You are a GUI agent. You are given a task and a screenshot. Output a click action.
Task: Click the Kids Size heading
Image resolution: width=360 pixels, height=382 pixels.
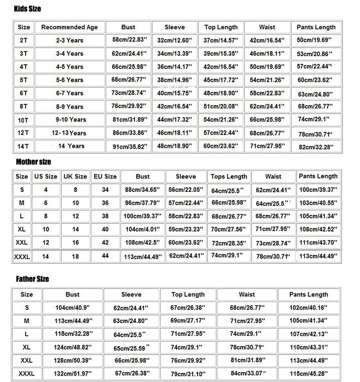click(27, 9)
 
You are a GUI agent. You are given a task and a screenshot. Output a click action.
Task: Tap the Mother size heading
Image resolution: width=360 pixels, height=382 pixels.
click(33, 162)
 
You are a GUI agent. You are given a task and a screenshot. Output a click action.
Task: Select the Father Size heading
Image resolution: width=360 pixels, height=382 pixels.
click(32, 279)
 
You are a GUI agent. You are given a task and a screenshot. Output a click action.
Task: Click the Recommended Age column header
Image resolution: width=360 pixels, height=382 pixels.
click(69, 27)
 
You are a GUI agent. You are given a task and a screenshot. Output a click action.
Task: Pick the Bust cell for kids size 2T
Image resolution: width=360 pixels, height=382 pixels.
click(127, 40)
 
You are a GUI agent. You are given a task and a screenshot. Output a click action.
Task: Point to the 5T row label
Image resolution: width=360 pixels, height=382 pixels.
click(23, 80)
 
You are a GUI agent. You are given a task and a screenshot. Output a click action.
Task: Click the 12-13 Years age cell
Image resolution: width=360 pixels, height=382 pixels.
click(69, 133)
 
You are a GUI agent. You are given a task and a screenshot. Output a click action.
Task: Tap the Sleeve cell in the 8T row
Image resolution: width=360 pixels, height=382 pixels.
click(174, 107)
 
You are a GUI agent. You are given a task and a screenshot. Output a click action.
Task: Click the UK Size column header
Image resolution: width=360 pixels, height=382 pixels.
click(75, 177)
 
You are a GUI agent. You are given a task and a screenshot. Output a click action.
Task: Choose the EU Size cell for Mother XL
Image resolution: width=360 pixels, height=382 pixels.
click(105, 229)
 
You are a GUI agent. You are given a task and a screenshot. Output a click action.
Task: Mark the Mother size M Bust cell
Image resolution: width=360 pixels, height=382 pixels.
click(142, 203)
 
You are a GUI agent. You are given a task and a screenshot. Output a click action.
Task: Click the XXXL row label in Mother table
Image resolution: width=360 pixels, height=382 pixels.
click(22, 257)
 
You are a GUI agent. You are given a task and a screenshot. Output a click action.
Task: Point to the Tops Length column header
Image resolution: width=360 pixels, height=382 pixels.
click(229, 177)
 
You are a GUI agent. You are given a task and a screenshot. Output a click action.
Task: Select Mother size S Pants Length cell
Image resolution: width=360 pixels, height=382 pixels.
click(318, 190)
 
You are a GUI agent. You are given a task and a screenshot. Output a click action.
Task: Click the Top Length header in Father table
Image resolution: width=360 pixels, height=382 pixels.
click(188, 295)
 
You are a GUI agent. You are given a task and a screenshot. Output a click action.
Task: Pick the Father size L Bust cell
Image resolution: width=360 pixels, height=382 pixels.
click(72, 334)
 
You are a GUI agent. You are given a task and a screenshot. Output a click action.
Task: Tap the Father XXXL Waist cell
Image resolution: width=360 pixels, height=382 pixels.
click(247, 373)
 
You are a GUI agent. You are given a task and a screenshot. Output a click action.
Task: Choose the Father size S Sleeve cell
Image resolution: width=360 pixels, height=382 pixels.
click(131, 308)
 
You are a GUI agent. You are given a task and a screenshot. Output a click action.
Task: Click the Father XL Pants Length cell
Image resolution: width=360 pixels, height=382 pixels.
click(308, 347)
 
